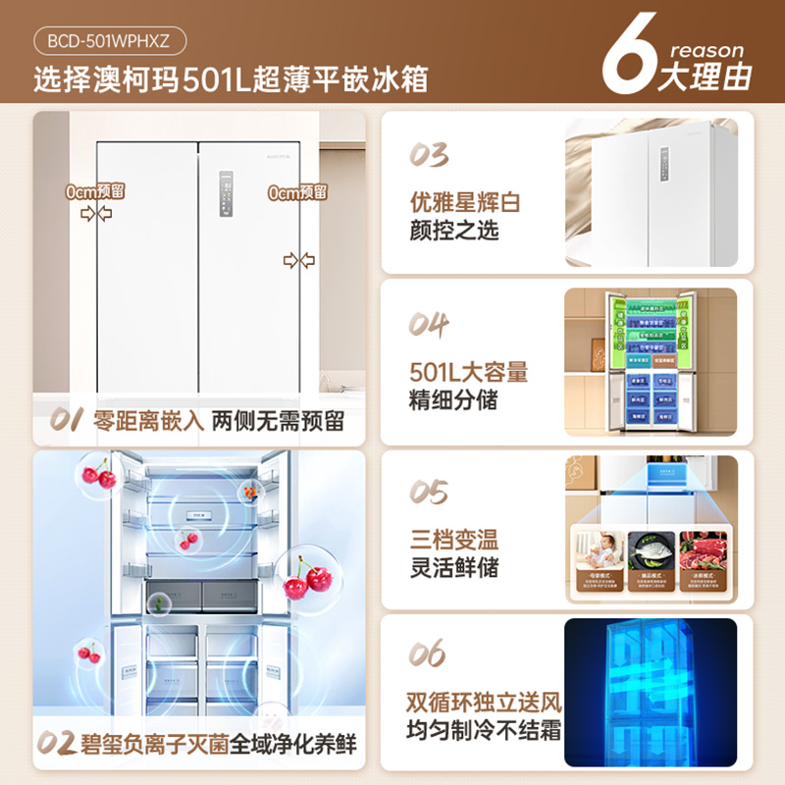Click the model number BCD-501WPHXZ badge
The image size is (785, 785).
pyautogui.click(x=110, y=42)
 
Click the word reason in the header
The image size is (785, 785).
pyautogui.click(x=706, y=50)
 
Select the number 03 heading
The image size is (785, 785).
pyautogui.click(x=430, y=156)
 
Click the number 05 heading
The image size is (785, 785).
pyautogui.click(x=430, y=493)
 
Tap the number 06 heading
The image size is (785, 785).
pyautogui.click(x=430, y=654)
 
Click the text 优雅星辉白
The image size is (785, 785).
pyautogui.click(x=465, y=202)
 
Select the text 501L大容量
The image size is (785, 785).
pyautogui.click(x=469, y=372)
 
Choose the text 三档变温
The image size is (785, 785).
pyautogui.click(x=454, y=540)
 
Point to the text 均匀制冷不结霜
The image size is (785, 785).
pyautogui.click(x=485, y=730)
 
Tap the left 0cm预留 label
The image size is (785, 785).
pyautogui.click(x=95, y=192)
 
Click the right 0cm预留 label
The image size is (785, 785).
pyautogui.click(x=297, y=193)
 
